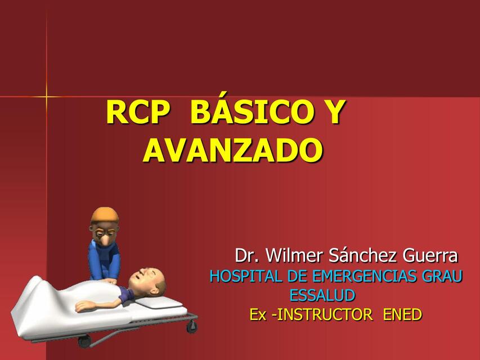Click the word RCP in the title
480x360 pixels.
pyautogui.click(x=137, y=112)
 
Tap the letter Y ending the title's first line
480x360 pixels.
pyautogui.click(x=332, y=112)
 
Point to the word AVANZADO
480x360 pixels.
pyautogui.click(x=232, y=150)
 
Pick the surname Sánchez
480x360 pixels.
pyautogui.click(x=363, y=255)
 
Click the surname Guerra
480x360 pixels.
pyautogui.click(x=430, y=255)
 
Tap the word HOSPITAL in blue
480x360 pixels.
pyautogui.click(x=246, y=276)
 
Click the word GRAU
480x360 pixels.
pyautogui.click(x=442, y=276)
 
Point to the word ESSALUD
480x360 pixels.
pyautogui.click(x=322, y=295)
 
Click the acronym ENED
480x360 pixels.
pyautogui.click(x=402, y=314)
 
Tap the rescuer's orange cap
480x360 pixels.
pyautogui.click(x=105, y=215)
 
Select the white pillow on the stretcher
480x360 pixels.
pyautogui.click(x=159, y=302)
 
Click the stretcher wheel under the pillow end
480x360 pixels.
pyautogui.click(x=192, y=326)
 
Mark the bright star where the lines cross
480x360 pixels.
pyautogui.click(x=47, y=97)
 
